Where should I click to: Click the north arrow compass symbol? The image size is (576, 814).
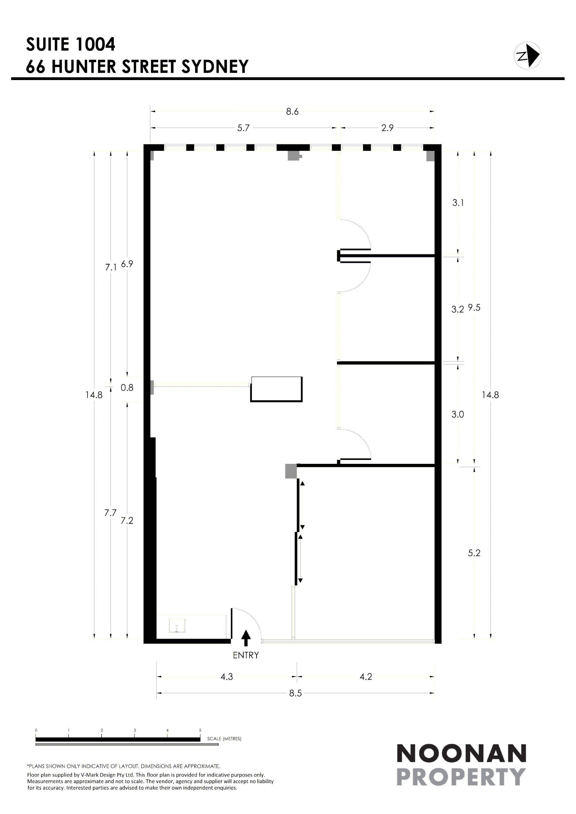pos(527,56)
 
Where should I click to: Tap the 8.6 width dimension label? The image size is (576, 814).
pos(292,112)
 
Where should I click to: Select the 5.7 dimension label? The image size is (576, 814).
pos(243,128)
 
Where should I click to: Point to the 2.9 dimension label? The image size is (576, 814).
pos(387,128)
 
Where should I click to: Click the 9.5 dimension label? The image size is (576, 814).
pos(474,308)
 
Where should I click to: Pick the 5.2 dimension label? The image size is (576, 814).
pos(474,553)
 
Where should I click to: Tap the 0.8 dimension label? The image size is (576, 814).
pos(127,387)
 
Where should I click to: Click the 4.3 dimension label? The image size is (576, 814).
pos(226,677)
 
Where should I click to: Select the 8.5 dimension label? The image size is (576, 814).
pos(295,693)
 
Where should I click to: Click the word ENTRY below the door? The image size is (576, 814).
pos(246,655)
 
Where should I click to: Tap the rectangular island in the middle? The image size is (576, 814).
pos(277,389)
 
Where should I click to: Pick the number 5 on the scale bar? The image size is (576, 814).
pos(200,730)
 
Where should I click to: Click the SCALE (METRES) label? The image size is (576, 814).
pos(224,739)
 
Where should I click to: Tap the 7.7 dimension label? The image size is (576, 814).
pos(110,513)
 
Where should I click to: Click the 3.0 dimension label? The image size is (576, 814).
pos(457,414)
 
